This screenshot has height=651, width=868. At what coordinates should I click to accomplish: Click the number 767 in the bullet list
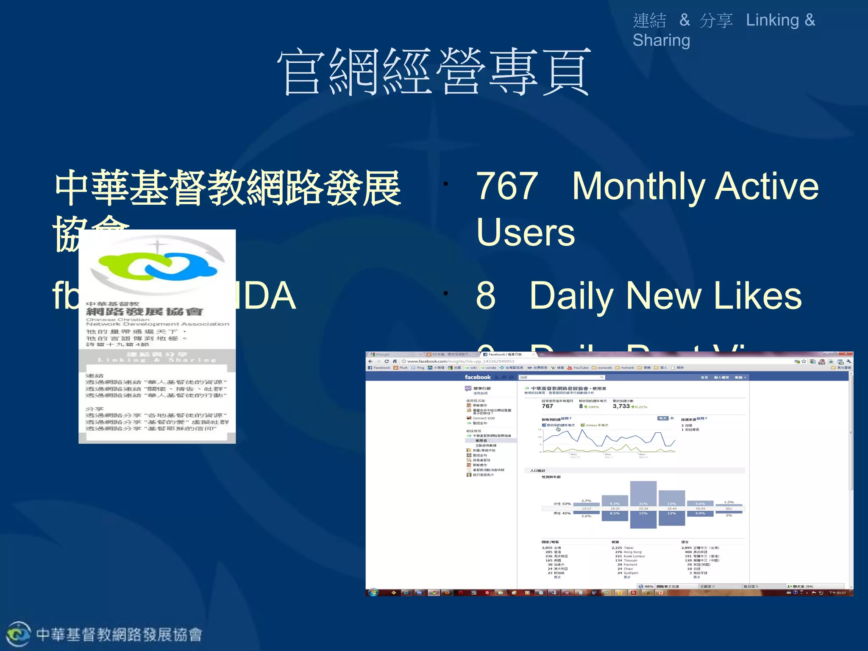tap(507, 186)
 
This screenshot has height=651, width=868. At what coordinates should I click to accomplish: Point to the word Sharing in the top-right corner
tap(661, 40)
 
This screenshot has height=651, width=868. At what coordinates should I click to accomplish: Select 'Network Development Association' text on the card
tap(157, 324)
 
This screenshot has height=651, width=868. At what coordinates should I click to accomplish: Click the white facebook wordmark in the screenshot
tap(477, 377)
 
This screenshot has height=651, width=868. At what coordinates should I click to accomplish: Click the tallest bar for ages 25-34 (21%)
tap(643, 494)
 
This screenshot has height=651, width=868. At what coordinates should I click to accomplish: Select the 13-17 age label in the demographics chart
tap(586, 509)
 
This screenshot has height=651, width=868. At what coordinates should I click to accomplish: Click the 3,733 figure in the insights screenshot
tap(621, 406)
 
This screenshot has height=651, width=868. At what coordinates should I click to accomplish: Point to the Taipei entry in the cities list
tap(628, 548)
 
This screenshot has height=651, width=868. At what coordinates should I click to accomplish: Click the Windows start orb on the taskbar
tap(373, 593)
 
